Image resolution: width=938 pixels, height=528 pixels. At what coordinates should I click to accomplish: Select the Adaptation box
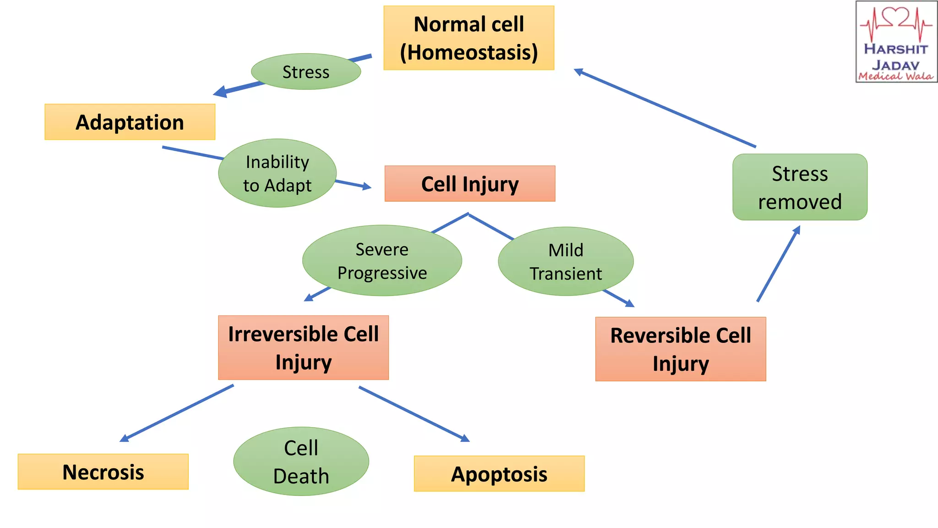point(130,122)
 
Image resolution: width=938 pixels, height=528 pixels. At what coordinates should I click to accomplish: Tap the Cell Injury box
point(469,184)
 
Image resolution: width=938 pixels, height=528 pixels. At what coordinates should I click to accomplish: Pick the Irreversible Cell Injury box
point(303,347)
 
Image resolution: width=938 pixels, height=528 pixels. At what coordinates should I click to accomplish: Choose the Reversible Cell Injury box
point(680,349)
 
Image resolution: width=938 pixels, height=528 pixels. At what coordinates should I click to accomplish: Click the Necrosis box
point(103,472)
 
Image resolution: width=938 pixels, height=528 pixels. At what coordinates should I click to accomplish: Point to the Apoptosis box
point(499,473)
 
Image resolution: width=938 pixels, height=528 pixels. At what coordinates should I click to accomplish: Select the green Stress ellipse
point(305,71)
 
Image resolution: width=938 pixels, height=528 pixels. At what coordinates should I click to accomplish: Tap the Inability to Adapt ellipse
point(277,173)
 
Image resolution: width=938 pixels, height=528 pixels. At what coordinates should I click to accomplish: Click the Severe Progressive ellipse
point(382,260)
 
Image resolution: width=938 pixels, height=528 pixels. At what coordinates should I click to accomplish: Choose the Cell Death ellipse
point(301,461)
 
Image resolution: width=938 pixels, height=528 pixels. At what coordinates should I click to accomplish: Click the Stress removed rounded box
point(800,187)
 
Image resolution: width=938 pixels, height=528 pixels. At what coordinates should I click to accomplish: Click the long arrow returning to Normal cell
point(664,108)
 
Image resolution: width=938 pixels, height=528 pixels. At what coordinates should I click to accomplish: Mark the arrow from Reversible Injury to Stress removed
point(779,264)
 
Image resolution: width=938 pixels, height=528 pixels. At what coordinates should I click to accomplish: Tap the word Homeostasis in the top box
point(469,52)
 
